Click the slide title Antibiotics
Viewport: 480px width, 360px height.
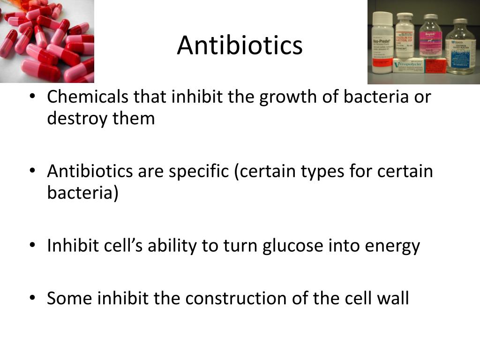click(240, 45)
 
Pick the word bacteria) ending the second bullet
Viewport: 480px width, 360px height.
click(82, 193)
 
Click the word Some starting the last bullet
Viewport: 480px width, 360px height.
click(70, 298)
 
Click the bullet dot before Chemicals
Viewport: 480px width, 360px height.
click(32, 96)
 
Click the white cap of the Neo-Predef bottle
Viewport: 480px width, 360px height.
click(382, 17)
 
